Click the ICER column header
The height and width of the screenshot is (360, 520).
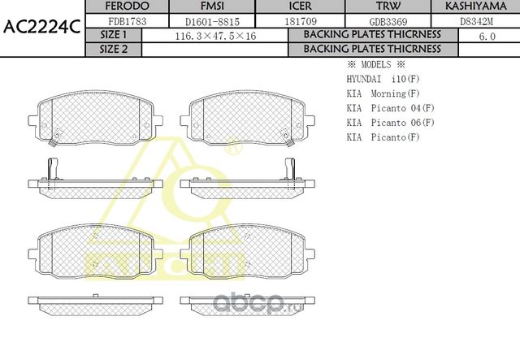[301, 7]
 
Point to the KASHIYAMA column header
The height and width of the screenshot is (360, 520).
[474, 7]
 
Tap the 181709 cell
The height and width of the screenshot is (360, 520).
[301, 20]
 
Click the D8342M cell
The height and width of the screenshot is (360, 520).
[474, 20]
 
